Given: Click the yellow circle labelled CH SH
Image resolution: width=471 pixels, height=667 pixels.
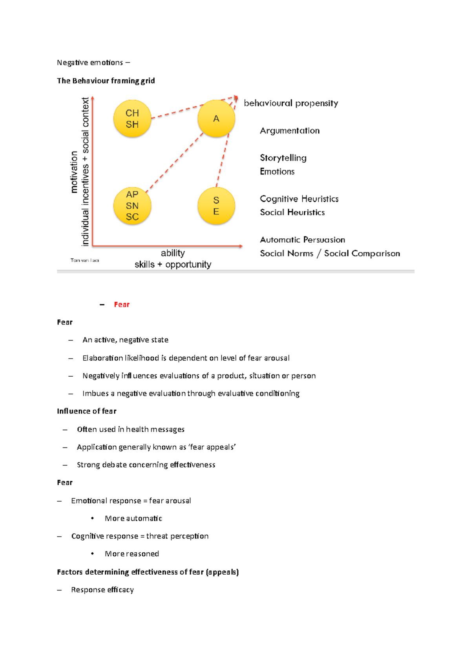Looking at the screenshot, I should pos(132,119).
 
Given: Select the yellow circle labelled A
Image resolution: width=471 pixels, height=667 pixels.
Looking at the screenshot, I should pos(216,119).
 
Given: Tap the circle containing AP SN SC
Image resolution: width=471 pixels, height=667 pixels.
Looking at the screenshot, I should pos(132,206).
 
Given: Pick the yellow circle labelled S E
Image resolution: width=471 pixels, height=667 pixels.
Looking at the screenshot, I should pos(216,206).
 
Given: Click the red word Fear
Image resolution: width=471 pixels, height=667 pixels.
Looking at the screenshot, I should pos(122,304).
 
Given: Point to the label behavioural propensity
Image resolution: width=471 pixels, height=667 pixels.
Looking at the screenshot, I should pos(291,103).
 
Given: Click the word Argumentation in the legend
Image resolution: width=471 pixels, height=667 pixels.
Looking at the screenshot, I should pos(290,130).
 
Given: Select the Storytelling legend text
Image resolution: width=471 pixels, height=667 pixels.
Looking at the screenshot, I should pos(283,158).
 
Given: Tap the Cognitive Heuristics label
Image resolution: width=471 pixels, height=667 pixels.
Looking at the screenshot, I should pos(299,199).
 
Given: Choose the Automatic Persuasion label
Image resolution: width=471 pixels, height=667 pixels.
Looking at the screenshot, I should pos(302,240).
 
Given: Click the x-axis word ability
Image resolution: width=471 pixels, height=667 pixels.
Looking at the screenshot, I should pos(173,253).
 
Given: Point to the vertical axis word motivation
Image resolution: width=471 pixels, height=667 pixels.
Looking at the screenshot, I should pos(74,172).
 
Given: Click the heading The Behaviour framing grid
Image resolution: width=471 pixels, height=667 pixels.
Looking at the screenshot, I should pos(106,81).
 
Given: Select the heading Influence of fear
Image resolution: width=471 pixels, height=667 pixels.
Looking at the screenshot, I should pos(87,411).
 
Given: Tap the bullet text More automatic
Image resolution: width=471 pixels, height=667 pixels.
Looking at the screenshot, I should pos(133,519).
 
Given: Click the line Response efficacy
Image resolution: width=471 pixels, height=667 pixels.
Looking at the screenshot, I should pos(102,590).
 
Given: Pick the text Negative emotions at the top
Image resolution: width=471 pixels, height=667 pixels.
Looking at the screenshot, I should pos(90,62).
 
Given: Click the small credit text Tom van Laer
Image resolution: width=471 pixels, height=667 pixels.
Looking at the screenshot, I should pos(85,260).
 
